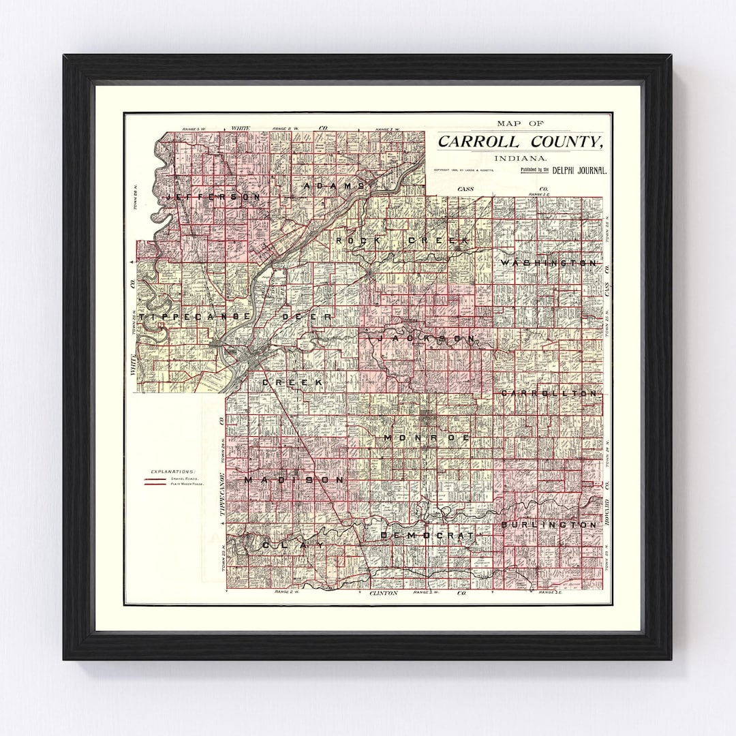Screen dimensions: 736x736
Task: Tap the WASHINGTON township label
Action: [549, 262]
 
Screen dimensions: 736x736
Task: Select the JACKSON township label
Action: [427, 338]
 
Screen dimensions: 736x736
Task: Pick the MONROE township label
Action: [427, 438]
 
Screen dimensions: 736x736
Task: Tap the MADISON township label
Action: [294, 480]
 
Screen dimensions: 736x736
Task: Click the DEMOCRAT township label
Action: [427, 536]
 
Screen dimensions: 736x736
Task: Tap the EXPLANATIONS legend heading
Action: [173, 471]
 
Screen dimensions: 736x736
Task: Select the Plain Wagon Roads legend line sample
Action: [155, 485]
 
